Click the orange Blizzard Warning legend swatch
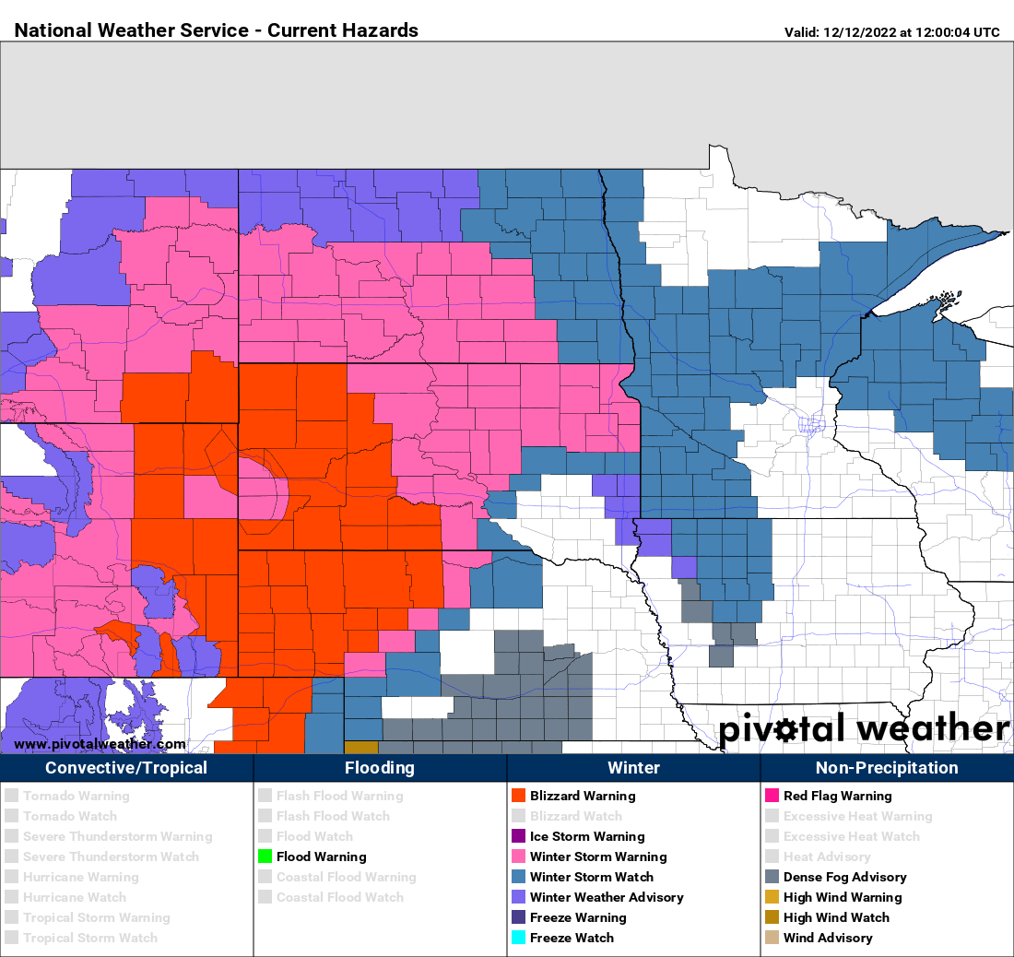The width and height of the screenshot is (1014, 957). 518,796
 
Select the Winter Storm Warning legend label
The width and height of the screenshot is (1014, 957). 597,857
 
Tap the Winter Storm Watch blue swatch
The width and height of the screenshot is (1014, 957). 518,877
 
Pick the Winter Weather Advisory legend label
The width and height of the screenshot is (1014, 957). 607,897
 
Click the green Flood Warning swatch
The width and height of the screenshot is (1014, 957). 265,857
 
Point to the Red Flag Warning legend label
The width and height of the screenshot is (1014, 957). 837,796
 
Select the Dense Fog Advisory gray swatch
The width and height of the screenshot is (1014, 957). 772,877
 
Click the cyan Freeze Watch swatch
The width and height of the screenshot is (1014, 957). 518,938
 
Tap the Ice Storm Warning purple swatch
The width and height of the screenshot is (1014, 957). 518,836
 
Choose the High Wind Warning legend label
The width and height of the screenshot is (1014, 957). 843,897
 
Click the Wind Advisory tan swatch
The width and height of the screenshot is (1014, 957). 772,938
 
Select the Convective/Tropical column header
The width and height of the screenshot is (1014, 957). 126,768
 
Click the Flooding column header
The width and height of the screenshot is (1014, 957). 380,768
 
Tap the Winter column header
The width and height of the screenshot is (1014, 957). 633,768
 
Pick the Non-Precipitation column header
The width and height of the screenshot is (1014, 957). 887,768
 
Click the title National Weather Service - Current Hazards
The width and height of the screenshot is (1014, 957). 217,30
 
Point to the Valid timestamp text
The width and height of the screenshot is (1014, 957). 891,32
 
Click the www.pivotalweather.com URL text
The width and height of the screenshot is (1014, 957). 100,744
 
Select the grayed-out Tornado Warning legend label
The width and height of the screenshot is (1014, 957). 77,796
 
